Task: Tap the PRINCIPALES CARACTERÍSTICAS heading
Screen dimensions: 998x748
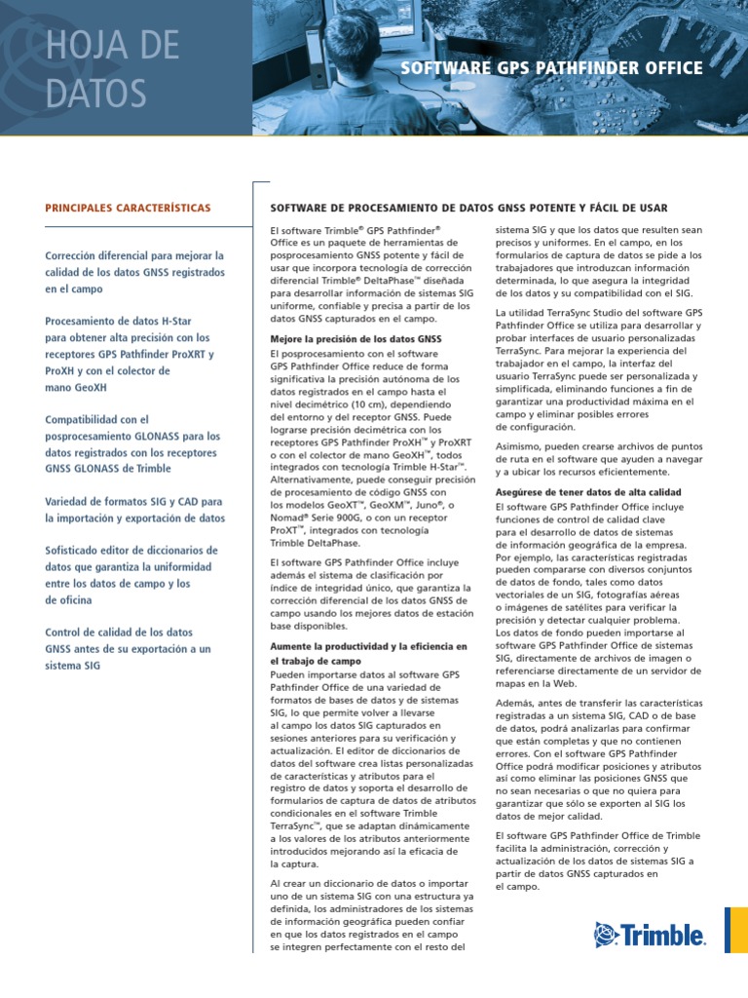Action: [128, 209]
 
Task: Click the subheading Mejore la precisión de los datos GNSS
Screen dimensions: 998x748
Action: [355, 339]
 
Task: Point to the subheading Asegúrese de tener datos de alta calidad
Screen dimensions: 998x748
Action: [588, 492]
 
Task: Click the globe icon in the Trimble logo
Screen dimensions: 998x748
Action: [609, 936]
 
